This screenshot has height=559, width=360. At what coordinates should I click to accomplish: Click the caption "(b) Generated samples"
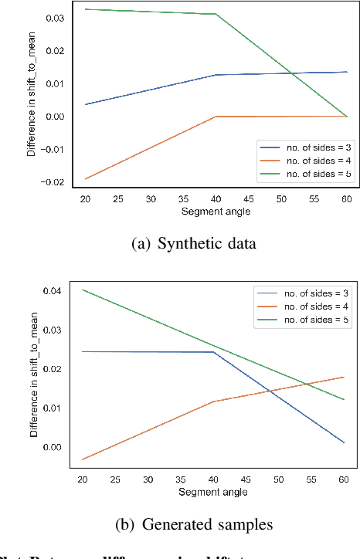pos(193,524)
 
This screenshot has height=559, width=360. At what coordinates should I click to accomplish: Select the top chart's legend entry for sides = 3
pos(301,146)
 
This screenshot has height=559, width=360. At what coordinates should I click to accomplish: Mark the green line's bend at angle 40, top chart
pos(216,14)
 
